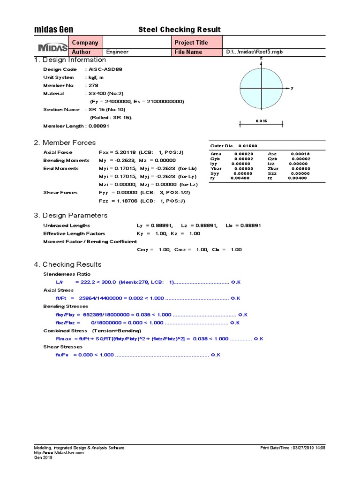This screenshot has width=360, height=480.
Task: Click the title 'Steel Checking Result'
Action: click(x=180, y=30)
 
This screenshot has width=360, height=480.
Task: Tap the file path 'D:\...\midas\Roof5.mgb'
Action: click(x=255, y=52)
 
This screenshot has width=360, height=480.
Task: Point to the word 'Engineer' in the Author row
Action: click(x=117, y=52)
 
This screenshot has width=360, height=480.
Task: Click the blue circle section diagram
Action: click(x=261, y=88)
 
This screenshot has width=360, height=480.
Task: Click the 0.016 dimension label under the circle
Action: click(x=261, y=121)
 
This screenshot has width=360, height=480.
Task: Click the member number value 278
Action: click(x=94, y=86)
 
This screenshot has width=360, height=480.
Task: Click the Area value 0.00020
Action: click(x=243, y=154)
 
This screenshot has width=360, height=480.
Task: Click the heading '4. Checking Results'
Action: click(x=67, y=264)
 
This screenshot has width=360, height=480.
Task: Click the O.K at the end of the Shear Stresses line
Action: click(x=216, y=355)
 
